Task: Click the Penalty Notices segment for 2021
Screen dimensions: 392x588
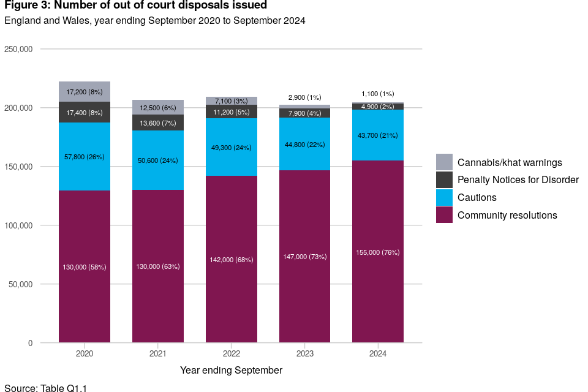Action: pyautogui.click(x=158, y=123)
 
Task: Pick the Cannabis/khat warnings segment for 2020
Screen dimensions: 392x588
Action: pyautogui.click(x=85, y=91)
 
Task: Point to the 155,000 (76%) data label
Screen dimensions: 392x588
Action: pyautogui.click(x=378, y=252)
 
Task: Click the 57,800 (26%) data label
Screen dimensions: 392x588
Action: pyautogui.click(x=85, y=157)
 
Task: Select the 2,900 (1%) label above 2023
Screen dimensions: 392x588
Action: pyautogui.click(x=304, y=97)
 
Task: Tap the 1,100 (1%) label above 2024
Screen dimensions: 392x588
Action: pyautogui.click(x=378, y=94)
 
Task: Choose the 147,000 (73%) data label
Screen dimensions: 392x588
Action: pyautogui.click(x=304, y=257)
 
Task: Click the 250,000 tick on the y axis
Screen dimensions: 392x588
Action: pyautogui.click(x=18, y=49)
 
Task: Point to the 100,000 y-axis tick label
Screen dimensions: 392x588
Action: pyautogui.click(x=18, y=225)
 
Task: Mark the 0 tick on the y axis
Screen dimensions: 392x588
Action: pyautogui.click(x=30, y=343)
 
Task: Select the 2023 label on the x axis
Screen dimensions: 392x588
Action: pyautogui.click(x=304, y=355)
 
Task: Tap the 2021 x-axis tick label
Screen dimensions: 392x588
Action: pyautogui.click(x=158, y=355)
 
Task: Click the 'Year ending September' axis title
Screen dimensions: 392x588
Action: pyautogui.click(x=232, y=370)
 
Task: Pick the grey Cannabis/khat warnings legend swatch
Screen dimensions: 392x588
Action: pyautogui.click(x=445, y=162)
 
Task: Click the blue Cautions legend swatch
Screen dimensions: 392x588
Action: pyautogui.click(x=445, y=197)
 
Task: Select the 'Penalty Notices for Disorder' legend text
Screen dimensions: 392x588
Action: pyautogui.click(x=518, y=180)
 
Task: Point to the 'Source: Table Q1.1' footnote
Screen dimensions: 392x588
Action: pyautogui.click(x=46, y=387)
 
